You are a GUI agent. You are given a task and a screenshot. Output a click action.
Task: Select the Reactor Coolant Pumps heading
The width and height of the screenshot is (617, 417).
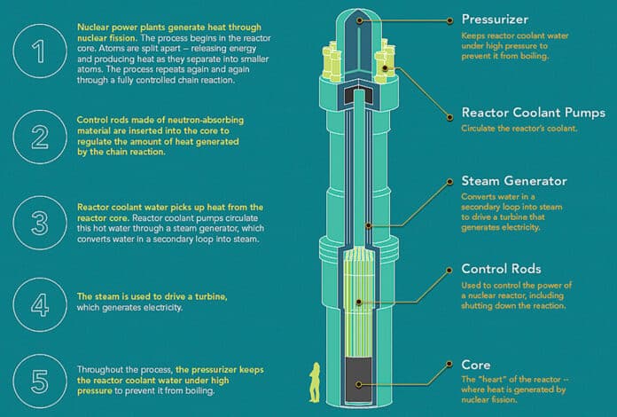click(x=535, y=113)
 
